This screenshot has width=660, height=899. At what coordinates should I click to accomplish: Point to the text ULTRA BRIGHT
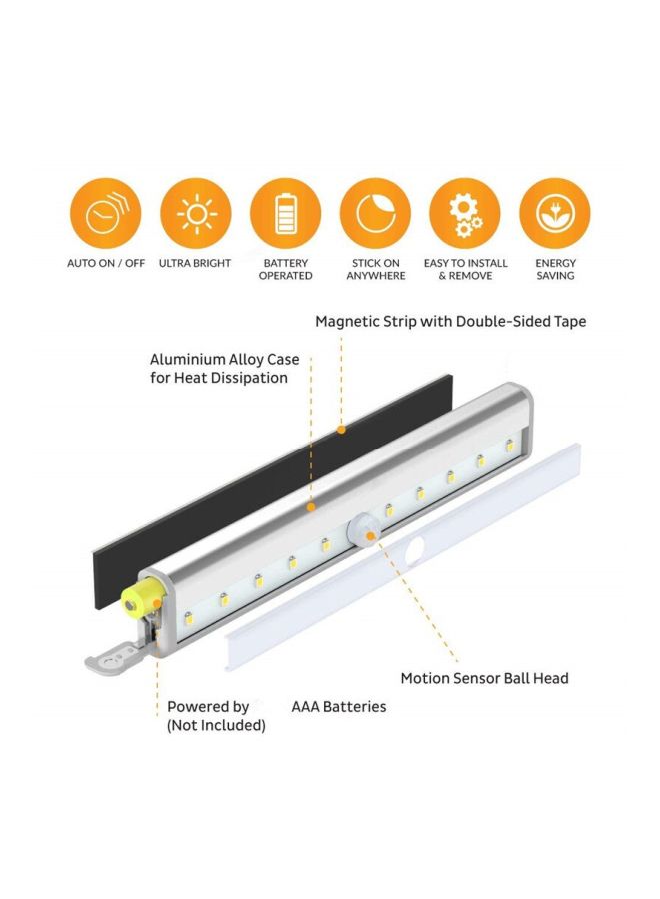click(195, 264)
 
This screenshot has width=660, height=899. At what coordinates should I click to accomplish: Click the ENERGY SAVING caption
click(555, 269)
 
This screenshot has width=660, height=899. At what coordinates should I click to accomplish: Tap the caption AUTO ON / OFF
click(105, 264)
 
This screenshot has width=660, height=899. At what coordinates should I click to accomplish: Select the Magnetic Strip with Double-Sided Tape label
click(450, 321)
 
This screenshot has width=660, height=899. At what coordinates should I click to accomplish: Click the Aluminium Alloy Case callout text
click(224, 368)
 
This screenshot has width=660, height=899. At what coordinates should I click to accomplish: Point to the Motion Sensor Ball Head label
click(484, 678)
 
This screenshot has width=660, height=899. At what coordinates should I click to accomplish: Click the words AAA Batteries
click(338, 706)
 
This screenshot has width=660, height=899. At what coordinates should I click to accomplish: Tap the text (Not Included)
click(216, 725)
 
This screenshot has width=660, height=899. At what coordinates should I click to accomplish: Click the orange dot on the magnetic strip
click(341, 431)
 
